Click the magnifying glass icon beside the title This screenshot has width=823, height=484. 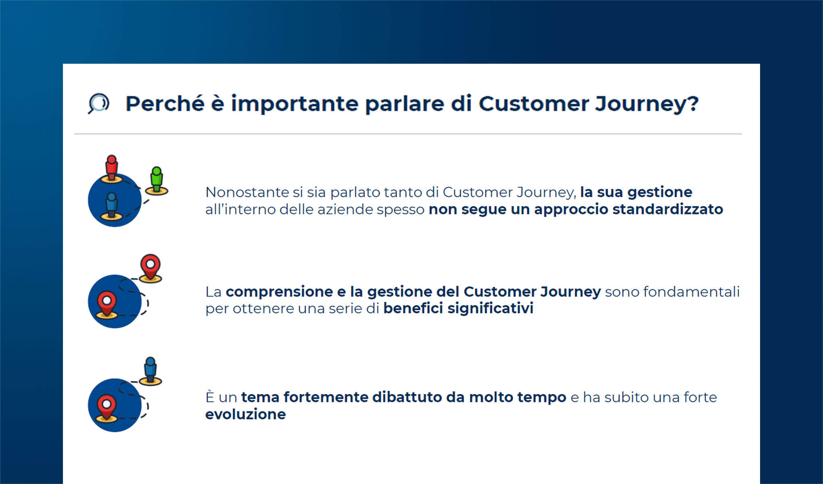click(x=98, y=104)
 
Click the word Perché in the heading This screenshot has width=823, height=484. click(x=165, y=104)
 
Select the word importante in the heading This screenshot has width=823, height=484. click(x=295, y=104)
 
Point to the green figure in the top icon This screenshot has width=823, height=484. click(x=157, y=180)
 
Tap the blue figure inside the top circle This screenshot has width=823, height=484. click(x=112, y=205)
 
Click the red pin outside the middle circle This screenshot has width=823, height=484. click(x=150, y=267)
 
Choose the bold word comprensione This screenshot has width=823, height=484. click(x=279, y=292)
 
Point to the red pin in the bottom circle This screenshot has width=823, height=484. click(x=107, y=407)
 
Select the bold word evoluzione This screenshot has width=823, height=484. click(x=245, y=414)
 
